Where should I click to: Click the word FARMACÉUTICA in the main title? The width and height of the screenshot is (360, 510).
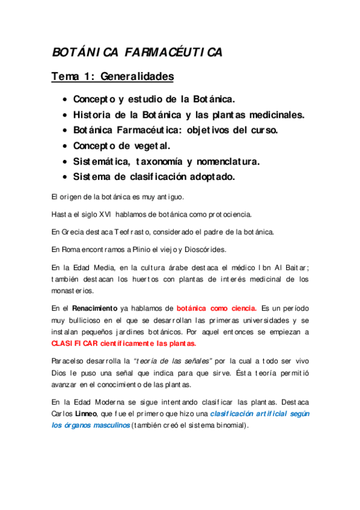tap(174, 53)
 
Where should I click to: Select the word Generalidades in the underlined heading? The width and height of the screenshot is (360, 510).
tap(136, 77)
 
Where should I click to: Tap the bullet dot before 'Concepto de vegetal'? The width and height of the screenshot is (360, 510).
tap(64, 146)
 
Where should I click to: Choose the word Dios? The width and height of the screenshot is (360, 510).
tap(61, 373)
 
